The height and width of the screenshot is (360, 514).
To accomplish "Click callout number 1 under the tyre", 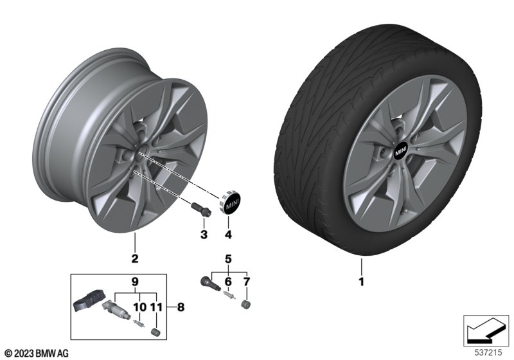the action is [361, 282].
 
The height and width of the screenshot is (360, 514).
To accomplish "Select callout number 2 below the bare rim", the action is [135, 259].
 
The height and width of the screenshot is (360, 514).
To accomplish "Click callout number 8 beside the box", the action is [181, 308].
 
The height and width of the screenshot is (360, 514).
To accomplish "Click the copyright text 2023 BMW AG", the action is [36, 353].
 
